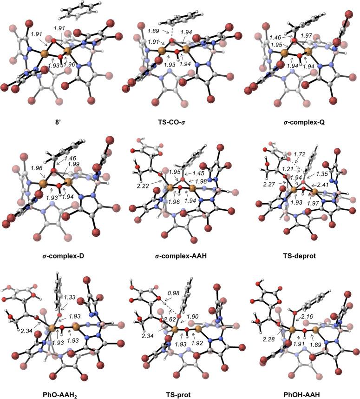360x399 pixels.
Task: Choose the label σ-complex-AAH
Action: tap(177, 255)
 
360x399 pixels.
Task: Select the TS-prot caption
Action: tap(177, 389)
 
